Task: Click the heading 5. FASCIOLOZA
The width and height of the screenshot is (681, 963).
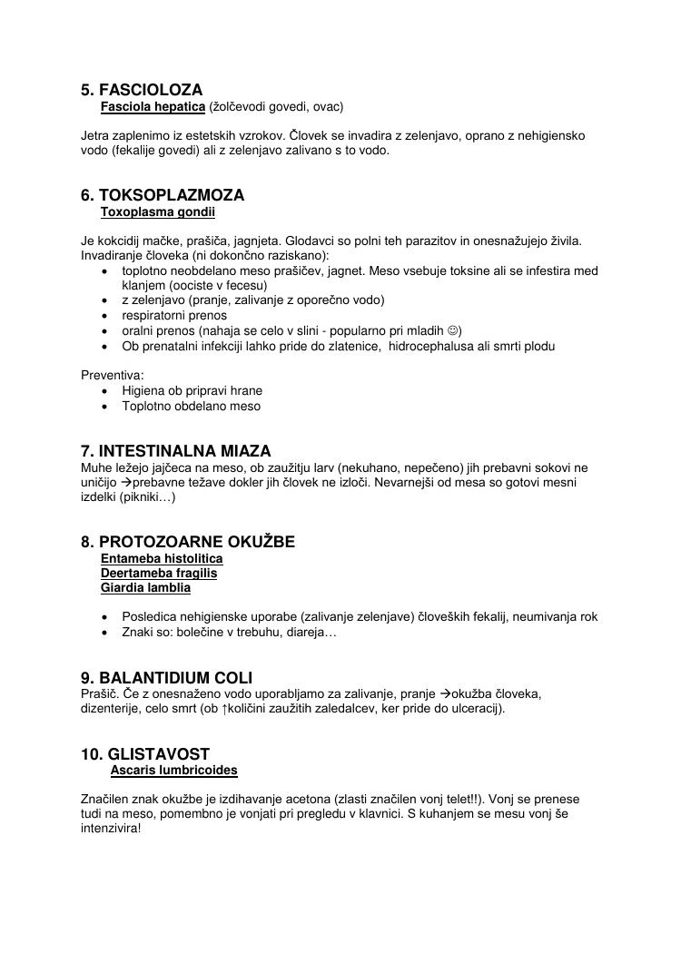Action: pos(142,90)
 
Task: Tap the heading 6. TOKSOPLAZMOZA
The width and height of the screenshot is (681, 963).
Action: pos(163,195)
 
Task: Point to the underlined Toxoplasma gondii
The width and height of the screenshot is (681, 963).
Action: pos(157,212)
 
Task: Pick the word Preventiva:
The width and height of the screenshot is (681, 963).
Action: pos(113,374)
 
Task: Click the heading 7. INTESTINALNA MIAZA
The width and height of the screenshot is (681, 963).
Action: pos(176,451)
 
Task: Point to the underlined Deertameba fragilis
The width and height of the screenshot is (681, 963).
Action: pos(159,574)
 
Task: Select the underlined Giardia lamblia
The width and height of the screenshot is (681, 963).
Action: pos(145,588)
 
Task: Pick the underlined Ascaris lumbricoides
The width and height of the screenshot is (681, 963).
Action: pos(174,771)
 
